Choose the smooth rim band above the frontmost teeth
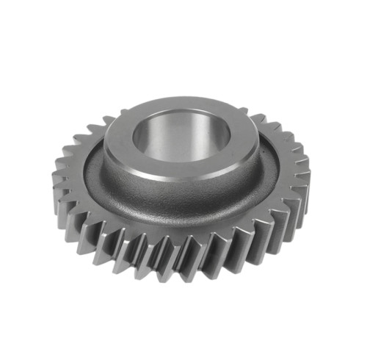point(183,237)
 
